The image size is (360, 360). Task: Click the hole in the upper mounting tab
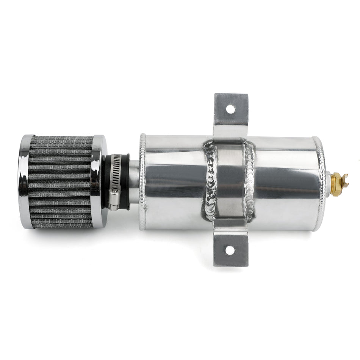coord(229,108)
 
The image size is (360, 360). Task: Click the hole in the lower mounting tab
coord(229,250)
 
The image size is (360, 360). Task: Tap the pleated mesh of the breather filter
coord(61,182)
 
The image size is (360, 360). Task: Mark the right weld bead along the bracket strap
coord(249,182)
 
